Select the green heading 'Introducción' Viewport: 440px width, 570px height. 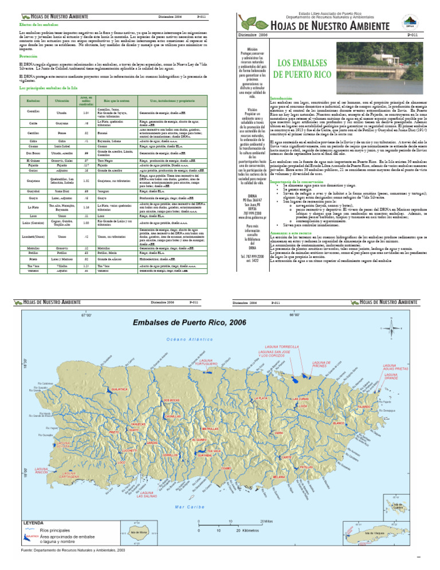282,98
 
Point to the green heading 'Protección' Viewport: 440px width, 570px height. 29,56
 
